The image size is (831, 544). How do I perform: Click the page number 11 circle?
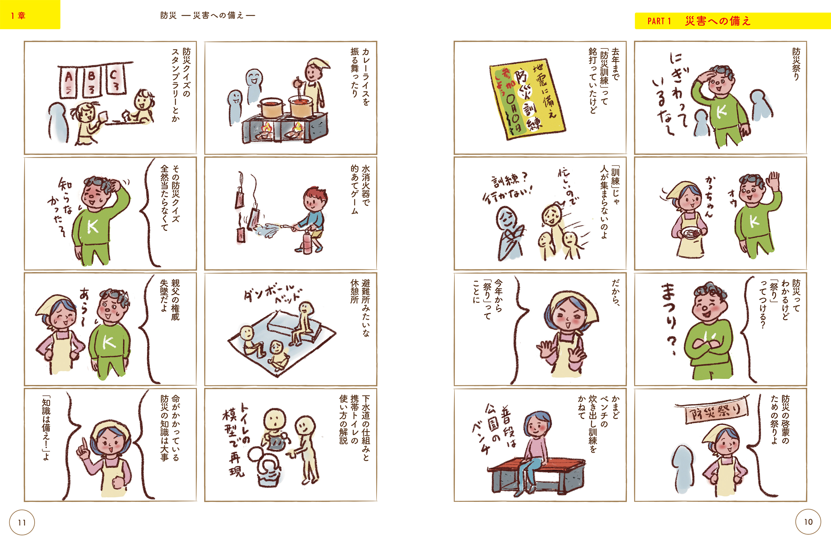click(22, 522)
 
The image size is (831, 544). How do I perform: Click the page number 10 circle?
click(808, 522)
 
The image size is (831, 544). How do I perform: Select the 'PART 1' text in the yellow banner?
click(659, 21)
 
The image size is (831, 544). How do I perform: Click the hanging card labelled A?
click(69, 82)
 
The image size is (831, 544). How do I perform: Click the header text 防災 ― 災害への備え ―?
click(208, 15)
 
